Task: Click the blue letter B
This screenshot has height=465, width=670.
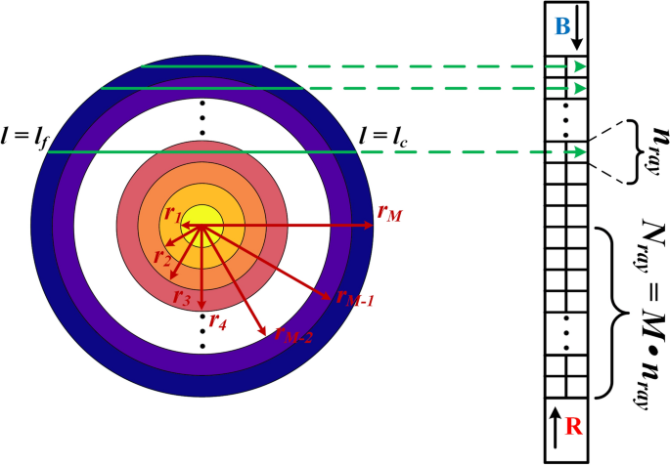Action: (562, 27)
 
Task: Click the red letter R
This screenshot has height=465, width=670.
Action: (573, 426)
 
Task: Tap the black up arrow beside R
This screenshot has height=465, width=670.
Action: (555, 428)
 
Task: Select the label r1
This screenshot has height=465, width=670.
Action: (172, 216)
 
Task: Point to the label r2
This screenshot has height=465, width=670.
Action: (161, 256)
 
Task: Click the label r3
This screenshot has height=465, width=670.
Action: (181, 297)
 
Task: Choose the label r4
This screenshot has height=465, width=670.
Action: (217, 320)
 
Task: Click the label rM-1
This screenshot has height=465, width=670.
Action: (355, 296)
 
